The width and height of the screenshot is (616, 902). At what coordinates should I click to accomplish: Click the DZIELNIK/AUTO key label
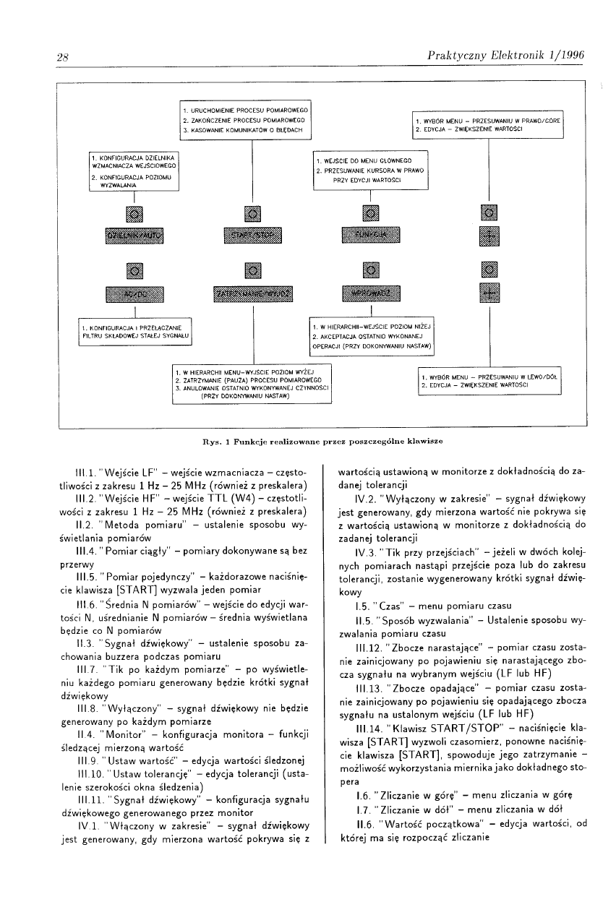coord(135,235)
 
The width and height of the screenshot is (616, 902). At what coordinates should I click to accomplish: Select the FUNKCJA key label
coord(369,235)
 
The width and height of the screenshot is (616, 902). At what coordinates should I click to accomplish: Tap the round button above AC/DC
coord(135,271)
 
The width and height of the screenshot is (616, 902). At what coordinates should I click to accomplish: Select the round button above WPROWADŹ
coord(369,271)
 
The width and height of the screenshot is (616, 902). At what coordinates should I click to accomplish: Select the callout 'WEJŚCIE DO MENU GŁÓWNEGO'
coord(370,171)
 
